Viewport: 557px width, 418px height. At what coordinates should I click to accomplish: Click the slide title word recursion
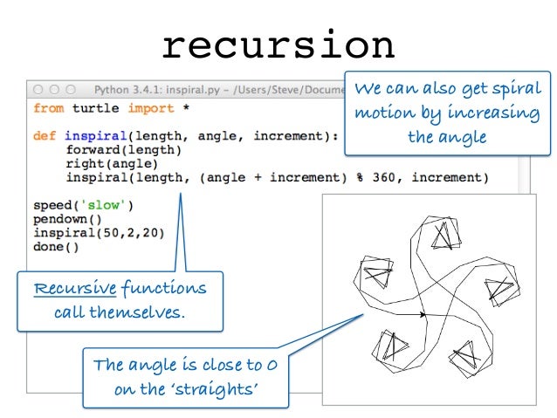point(278,45)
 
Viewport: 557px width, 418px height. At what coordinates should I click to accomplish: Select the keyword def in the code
point(44,136)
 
